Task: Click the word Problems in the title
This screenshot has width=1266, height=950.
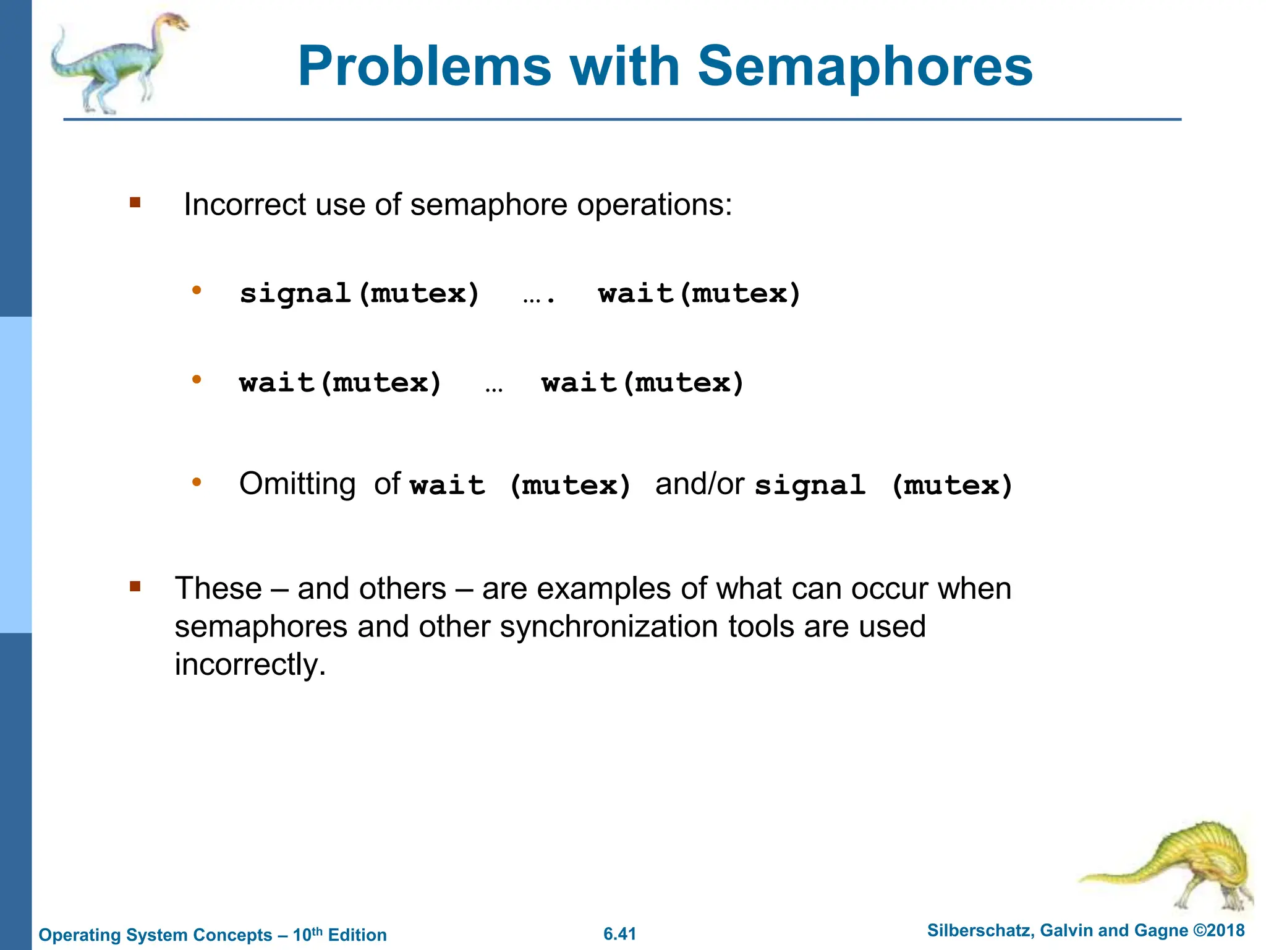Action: tap(424, 67)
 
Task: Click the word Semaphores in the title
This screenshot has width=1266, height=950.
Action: tap(865, 67)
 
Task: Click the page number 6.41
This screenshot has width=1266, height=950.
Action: tap(619, 934)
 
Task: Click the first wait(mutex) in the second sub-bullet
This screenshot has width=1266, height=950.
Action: tap(341, 383)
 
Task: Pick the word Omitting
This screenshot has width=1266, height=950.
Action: tap(297, 484)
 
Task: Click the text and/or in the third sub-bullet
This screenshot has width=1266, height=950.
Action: tap(699, 484)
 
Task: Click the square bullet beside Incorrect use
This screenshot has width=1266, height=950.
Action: tap(135, 202)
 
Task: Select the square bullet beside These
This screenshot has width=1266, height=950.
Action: tap(135, 586)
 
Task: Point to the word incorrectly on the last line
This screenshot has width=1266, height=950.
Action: tap(250, 665)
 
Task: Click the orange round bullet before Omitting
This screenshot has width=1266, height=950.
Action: tap(197, 482)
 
